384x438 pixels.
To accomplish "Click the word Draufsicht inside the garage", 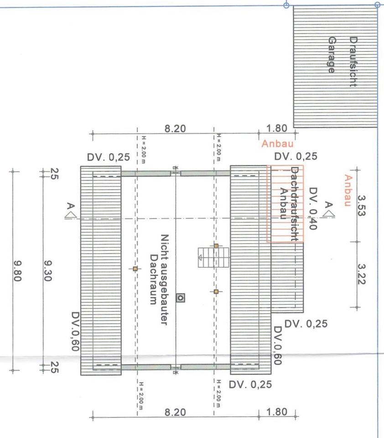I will (x=353, y=62).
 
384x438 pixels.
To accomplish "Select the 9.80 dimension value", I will (x=19, y=272).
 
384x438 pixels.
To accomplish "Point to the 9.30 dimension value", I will (x=48, y=272).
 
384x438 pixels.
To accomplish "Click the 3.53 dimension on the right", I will (x=362, y=205).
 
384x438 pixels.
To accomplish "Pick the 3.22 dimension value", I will (x=362, y=274).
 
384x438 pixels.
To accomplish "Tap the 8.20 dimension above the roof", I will (x=175, y=129).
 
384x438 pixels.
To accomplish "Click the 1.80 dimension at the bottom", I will (x=276, y=412).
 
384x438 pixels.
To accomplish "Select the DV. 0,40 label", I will (x=313, y=208).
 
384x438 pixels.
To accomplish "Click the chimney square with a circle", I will (x=181, y=297).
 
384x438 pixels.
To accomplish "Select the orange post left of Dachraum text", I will (x=135, y=269).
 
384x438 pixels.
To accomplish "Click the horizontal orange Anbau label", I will (x=274, y=144).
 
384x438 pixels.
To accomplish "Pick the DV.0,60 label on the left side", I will (x=76, y=332).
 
